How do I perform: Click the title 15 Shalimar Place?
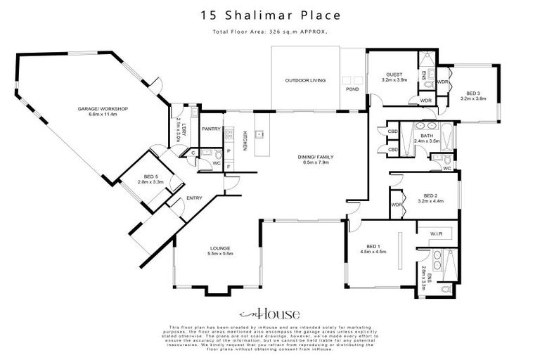[270, 14]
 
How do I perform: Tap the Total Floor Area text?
[270, 32]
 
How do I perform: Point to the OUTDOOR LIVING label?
[305, 81]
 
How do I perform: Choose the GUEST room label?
[394, 75]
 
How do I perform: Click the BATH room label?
[426, 136]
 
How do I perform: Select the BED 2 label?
[431, 195]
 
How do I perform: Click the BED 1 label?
[373, 246]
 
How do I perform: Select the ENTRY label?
[194, 198]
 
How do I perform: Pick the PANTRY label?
[211, 129]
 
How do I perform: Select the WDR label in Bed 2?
[396, 205]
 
